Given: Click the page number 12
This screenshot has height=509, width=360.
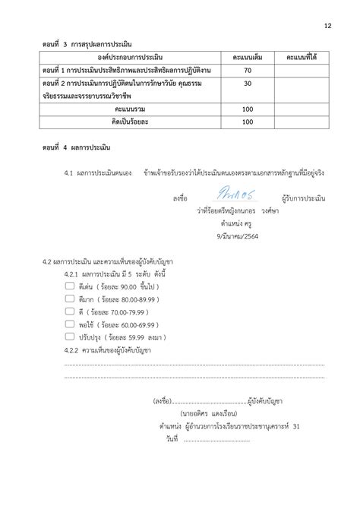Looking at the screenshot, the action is tap(327, 26).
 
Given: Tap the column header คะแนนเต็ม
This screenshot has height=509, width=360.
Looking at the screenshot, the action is tap(248, 57).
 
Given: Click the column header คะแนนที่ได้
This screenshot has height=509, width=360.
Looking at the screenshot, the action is tap(300, 57).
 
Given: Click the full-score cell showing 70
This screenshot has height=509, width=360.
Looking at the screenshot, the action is tap(248, 70).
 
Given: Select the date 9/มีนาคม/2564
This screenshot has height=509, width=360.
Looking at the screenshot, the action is tap(235, 236).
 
